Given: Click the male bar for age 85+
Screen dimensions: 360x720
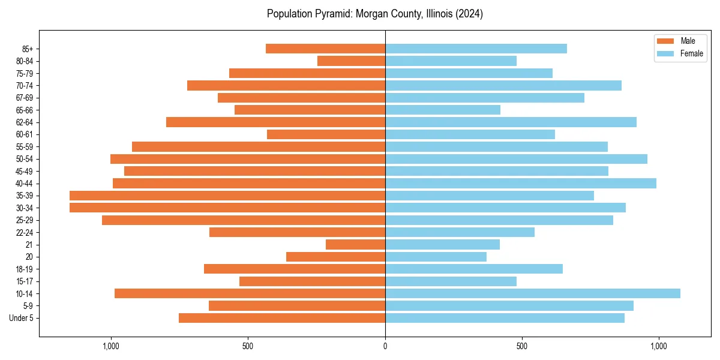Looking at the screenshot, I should [325, 49].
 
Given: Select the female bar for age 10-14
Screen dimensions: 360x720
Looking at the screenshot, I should [532, 293].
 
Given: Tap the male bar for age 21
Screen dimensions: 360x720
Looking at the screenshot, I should [355, 244].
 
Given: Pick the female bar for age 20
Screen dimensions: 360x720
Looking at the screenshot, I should [436, 257].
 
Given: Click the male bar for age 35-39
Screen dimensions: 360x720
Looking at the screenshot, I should [227, 196].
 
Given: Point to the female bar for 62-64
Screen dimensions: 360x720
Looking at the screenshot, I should [511, 122].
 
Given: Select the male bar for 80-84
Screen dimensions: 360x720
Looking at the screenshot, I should [351, 61].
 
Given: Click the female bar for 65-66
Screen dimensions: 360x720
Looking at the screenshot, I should [443, 110].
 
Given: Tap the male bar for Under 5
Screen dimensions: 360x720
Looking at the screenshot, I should [282, 318].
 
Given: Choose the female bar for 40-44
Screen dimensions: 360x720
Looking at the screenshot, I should [520, 183].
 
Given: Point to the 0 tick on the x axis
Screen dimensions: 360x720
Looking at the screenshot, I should [385, 346].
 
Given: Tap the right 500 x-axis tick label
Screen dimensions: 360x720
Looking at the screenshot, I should [522, 346].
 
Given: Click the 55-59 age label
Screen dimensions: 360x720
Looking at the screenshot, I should [25, 146].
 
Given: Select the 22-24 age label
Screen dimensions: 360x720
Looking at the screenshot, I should [25, 232].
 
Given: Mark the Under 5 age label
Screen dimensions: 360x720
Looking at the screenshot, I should [22, 318].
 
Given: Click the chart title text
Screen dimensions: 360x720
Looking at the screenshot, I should [375, 14].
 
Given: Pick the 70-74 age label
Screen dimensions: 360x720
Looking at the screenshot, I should [25, 85].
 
